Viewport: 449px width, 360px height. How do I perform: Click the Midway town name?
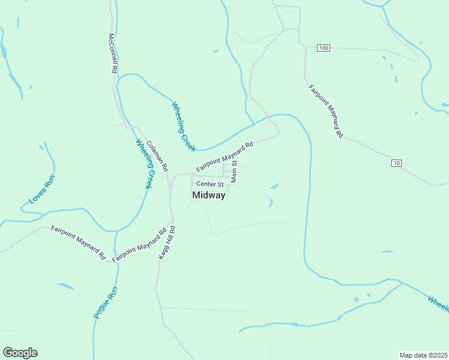[209, 195]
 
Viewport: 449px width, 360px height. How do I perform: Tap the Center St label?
[209, 184]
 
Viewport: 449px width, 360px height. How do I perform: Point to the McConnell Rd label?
[112, 53]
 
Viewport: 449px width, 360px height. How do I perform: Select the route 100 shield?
[324, 47]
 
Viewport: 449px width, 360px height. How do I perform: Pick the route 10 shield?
[396, 163]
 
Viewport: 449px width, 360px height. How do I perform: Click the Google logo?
[20, 353]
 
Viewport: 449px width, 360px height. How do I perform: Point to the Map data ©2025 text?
[423, 355]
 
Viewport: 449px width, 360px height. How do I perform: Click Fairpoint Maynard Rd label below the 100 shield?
[326, 112]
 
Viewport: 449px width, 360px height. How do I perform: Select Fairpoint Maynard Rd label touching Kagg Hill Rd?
[139, 245]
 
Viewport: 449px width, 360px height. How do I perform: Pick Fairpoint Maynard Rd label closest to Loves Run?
[78, 242]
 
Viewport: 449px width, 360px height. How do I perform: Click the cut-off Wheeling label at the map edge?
[438, 303]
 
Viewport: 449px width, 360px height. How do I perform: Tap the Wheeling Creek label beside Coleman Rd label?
[143, 164]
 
